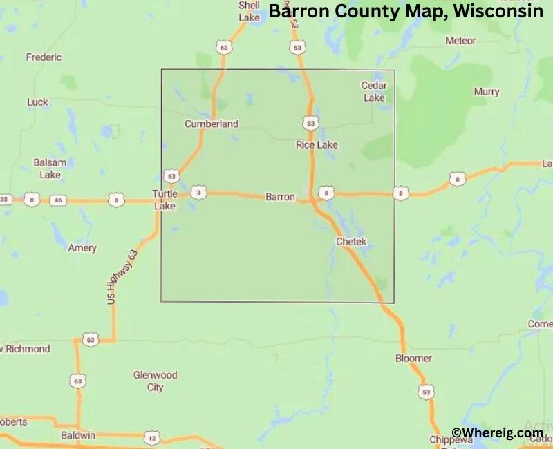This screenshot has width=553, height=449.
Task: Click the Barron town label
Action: pos(280,197)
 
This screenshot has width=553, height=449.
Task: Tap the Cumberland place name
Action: pos(211,124)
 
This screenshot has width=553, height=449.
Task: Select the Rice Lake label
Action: pos(317,144)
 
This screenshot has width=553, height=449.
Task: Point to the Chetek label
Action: pos(350,242)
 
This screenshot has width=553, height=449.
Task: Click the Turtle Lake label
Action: pos(165,200)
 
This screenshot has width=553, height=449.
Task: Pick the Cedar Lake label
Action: pos(374,91)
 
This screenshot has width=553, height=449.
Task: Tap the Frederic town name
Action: pos(44,57)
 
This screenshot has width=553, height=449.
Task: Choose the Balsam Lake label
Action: pos(50,169)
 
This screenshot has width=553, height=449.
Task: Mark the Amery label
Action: pos(82,247)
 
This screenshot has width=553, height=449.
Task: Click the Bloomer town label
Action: pos(413,358)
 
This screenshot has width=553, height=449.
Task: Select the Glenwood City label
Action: pos(155,381)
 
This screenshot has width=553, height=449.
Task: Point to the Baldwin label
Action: pos(77,436)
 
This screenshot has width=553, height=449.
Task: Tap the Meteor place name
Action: pos(460,41)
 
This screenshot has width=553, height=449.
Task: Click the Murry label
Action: pos(487,92)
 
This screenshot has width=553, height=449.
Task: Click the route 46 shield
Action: pos(59,200)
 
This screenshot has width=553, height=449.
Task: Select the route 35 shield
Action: pos(6,200)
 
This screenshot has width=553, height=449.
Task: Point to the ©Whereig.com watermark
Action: pos(497,432)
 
